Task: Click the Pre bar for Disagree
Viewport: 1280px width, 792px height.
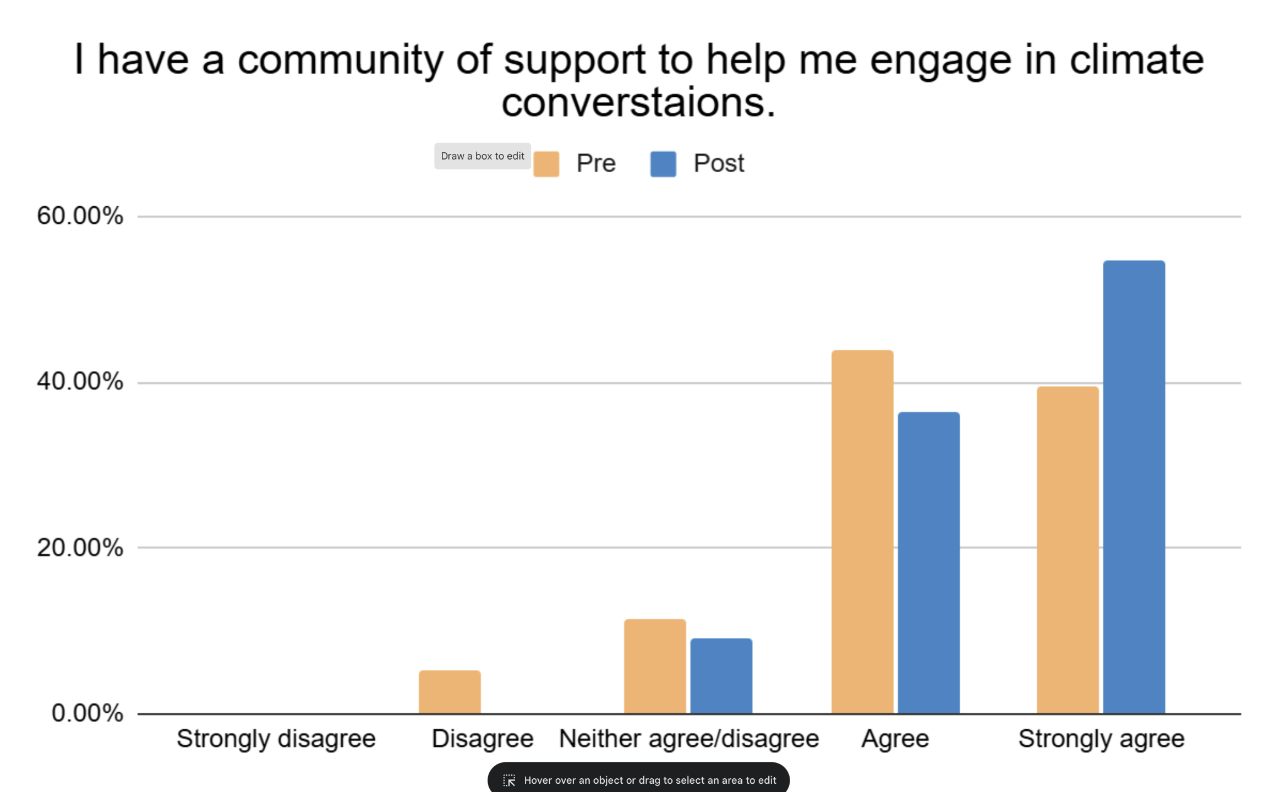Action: (x=450, y=692)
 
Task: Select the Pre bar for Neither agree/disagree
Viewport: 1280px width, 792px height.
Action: (x=655, y=666)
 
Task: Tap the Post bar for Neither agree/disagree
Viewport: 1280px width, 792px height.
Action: (x=721, y=676)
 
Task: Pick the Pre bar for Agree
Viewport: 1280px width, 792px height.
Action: (x=862, y=532)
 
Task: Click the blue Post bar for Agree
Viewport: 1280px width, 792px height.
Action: (x=929, y=563)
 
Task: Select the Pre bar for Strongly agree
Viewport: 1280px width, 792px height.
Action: (x=1068, y=550)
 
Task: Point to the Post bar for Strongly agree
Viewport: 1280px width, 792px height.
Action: (x=1134, y=487)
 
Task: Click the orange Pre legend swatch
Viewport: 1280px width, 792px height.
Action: (x=546, y=164)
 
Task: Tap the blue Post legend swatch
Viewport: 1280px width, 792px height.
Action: (x=663, y=164)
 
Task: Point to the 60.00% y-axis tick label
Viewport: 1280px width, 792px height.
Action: (x=80, y=216)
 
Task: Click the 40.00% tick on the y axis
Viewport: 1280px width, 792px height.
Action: (x=80, y=381)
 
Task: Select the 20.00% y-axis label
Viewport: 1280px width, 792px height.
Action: (x=80, y=547)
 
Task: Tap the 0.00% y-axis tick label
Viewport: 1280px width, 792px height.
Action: (x=87, y=713)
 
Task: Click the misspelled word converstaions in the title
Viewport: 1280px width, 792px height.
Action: (x=638, y=103)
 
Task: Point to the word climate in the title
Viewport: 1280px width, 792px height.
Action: (x=1137, y=59)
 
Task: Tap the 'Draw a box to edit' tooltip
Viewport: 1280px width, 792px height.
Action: (x=483, y=156)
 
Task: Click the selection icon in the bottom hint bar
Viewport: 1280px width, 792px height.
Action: (x=509, y=780)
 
